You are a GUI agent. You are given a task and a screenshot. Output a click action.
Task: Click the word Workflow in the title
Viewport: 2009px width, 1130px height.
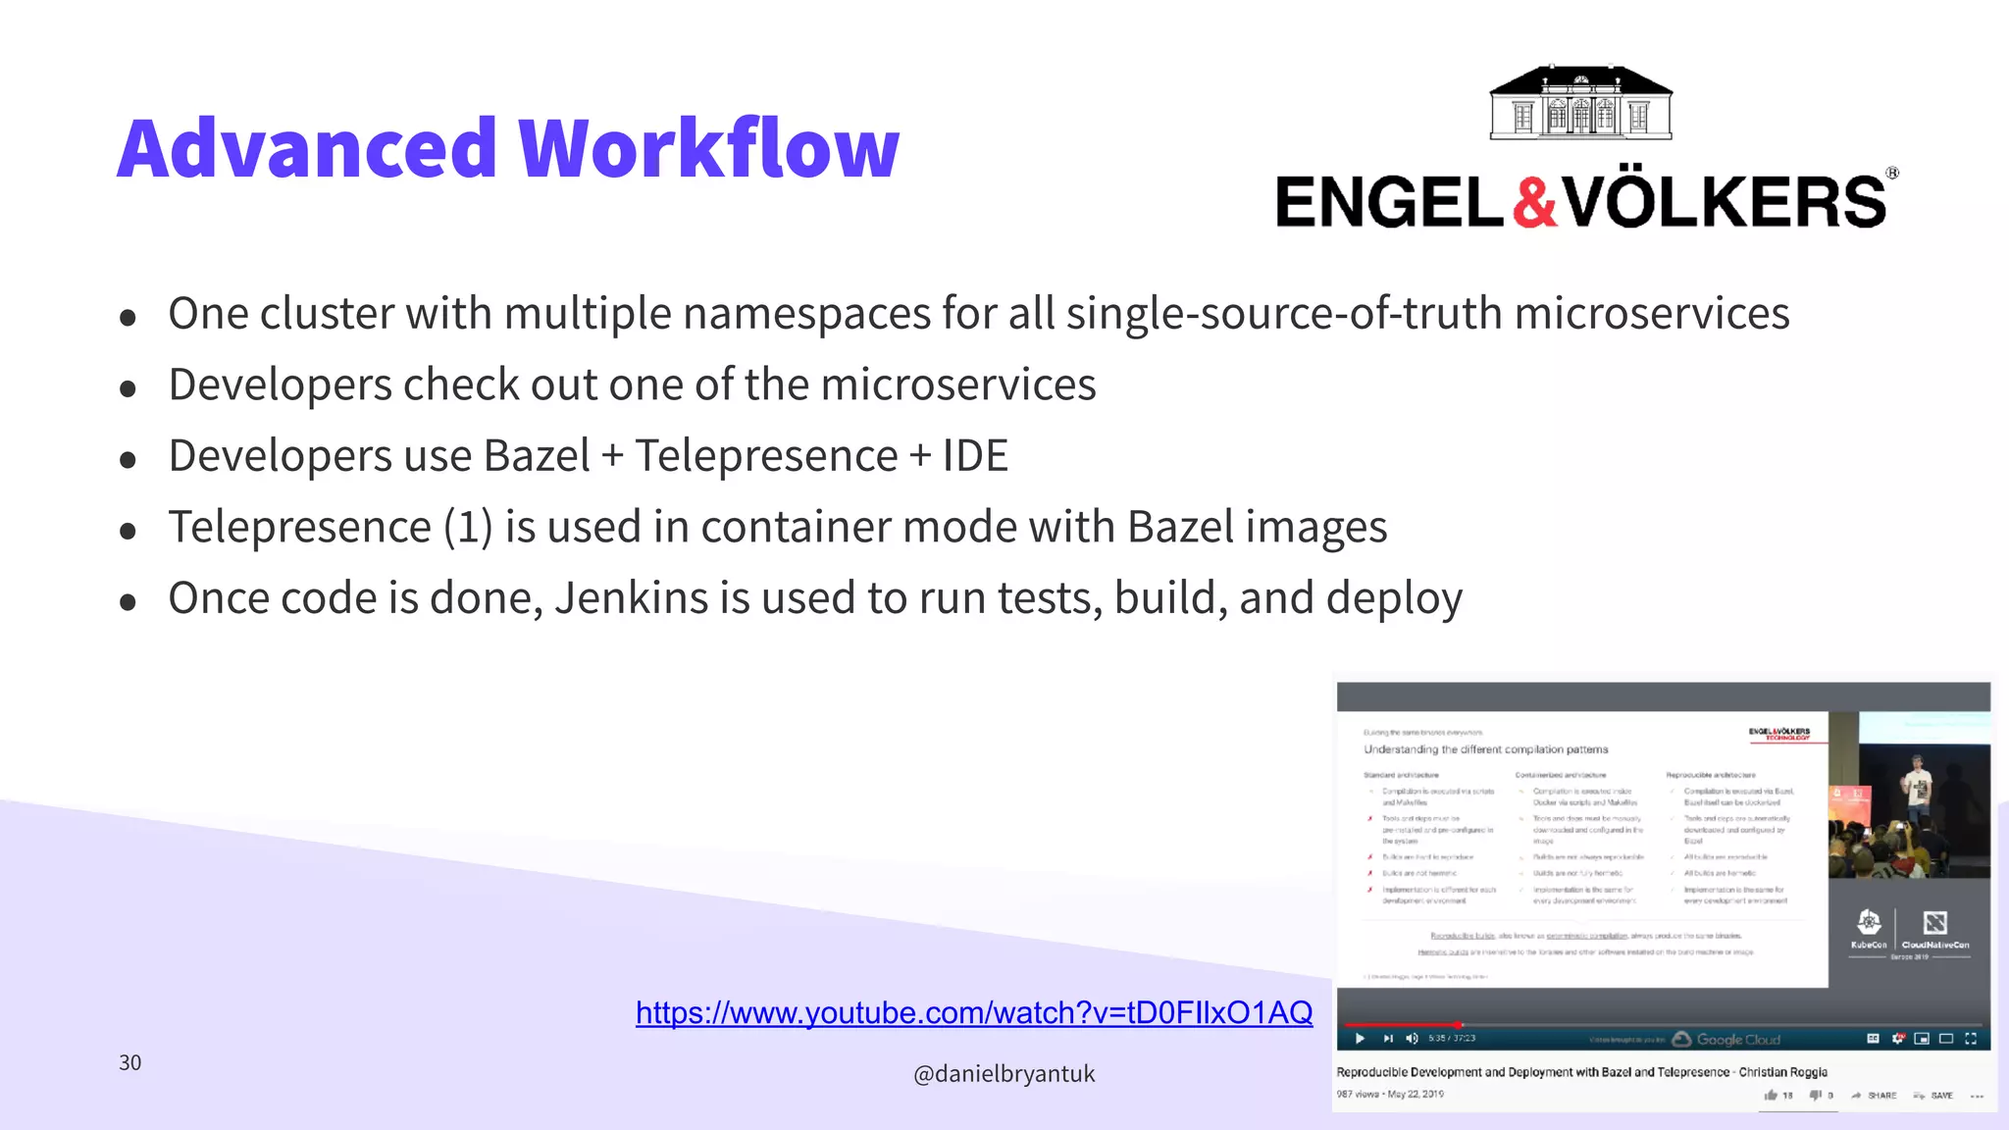pyautogui.click(x=708, y=148)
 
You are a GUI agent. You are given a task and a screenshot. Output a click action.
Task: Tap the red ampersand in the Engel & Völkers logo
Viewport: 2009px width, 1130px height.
pyautogui.click(x=1533, y=202)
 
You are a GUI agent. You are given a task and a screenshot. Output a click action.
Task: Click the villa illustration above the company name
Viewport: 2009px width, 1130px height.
pyautogui.click(x=1581, y=104)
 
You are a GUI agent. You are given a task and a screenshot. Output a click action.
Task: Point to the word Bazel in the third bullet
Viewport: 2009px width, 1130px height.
pyautogui.click(x=537, y=456)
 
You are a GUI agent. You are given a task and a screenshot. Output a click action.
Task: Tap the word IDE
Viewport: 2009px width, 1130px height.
pyautogui.click(x=975, y=456)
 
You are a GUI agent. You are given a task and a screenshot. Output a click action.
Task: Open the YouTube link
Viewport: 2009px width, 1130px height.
pyautogui.click(x=973, y=1012)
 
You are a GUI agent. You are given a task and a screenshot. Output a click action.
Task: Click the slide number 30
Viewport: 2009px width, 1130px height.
pyautogui.click(x=129, y=1062)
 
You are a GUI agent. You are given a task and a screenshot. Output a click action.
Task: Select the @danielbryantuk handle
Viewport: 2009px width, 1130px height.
pyautogui.click(x=1004, y=1074)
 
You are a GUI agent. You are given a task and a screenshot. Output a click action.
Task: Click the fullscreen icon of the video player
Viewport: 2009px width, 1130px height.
pyautogui.click(x=1971, y=1039)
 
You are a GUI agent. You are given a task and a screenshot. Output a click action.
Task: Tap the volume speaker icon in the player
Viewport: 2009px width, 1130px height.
pyautogui.click(x=1412, y=1039)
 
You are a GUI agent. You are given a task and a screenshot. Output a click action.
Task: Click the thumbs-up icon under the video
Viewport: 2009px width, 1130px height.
pyautogui.click(x=1771, y=1096)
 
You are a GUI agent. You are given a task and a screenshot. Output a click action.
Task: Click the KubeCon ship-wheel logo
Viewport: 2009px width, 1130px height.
pyautogui.click(x=1869, y=922)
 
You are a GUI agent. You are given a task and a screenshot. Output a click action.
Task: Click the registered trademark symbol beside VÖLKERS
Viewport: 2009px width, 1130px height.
pyautogui.click(x=1892, y=174)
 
